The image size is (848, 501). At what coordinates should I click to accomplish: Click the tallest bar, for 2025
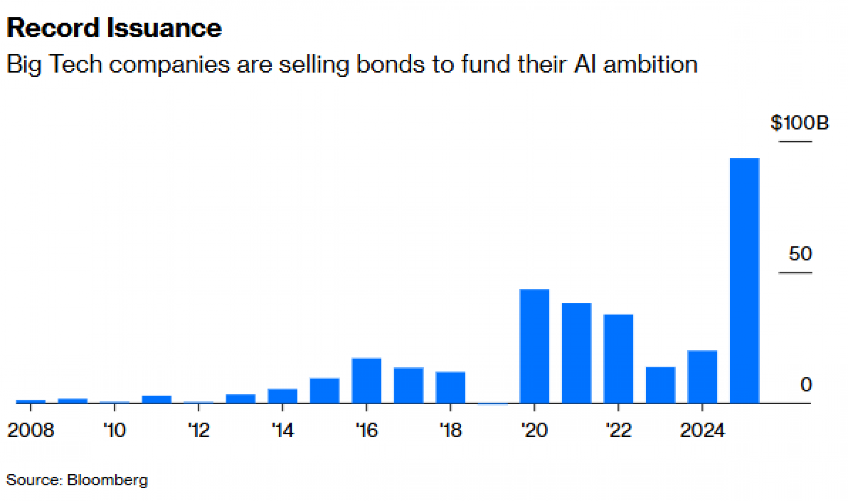click(744, 280)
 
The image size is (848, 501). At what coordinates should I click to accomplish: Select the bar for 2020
click(534, 346)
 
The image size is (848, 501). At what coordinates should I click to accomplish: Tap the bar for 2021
click(576, 353)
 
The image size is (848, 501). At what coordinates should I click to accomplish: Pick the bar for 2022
click(618, 358)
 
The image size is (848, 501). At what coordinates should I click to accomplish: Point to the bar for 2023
click(660, 385)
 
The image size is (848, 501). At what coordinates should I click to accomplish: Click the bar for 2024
click(702, 376)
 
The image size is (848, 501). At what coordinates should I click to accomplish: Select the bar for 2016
click(366, 380)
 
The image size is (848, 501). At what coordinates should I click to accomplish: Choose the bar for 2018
click(450, 387)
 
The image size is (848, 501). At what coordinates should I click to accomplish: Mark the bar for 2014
click(282, 395)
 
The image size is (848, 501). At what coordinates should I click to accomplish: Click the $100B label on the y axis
click(799, 123)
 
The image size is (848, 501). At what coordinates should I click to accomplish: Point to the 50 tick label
click(800, 254)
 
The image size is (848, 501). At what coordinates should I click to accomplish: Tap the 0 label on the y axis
click(806, 384)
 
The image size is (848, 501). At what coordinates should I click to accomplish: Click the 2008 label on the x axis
click(31, 430)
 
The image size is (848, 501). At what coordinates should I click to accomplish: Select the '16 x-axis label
click(366, 430)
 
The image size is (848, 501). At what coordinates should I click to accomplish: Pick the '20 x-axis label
click(534, 430)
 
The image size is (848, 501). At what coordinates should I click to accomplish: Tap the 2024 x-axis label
click(702, 430)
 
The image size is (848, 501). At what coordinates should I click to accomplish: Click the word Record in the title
click(53, 28)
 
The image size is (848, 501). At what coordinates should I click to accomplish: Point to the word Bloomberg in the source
click(107, 480)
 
